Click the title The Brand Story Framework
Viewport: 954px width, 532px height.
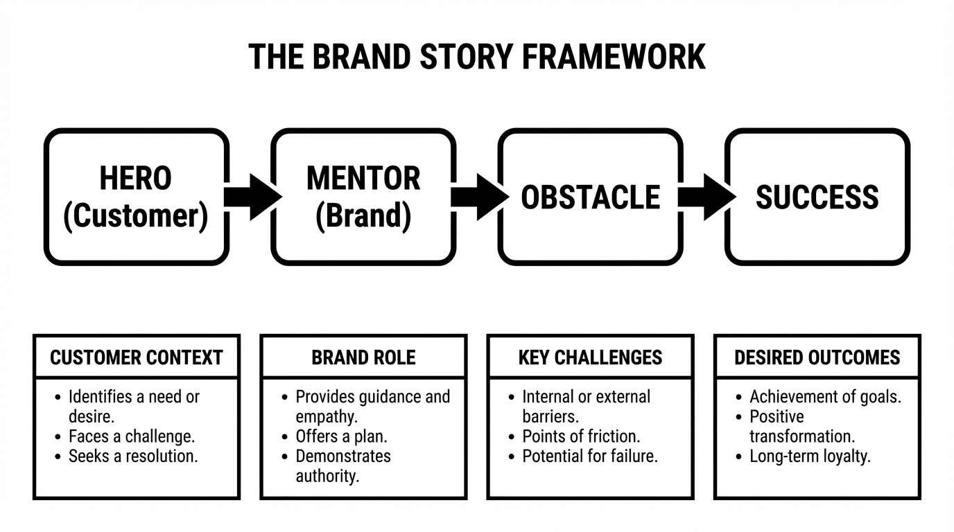click(476, 57)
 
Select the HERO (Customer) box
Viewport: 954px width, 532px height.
click(136, 197)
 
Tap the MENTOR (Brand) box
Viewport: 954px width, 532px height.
click(363, 197)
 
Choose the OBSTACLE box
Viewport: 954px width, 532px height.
click(590, 197)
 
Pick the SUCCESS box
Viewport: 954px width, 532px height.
click(817, 197)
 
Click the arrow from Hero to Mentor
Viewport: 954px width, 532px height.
click(251, 197)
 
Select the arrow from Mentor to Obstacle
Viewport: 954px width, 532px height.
click(478, 197)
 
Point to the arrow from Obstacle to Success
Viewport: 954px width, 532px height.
click(704, 197)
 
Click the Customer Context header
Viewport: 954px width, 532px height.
click(137, 357)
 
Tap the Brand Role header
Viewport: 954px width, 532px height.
click(363, 357)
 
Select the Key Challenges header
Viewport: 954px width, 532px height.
click(590, 357)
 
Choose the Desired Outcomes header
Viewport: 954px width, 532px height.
click(817, 357)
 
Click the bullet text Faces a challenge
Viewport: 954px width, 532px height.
click(131, 436)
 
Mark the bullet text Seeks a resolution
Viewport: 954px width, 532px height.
click(132, 456)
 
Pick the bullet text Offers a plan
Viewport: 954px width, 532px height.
click(341, 436)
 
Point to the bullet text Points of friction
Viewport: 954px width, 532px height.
click(581, 436)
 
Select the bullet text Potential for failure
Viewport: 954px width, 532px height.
click(589, 456)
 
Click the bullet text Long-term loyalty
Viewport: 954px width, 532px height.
click(810, 456)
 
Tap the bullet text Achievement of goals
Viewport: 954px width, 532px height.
click(825, 397)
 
